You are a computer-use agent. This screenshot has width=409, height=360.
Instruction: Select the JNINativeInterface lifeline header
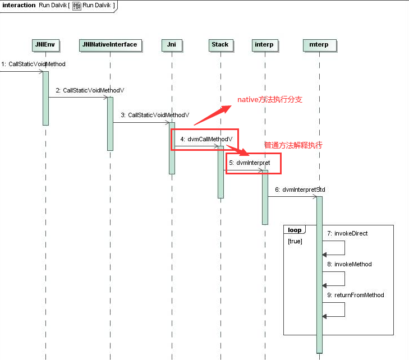pyautogui.click(x=110, y=45)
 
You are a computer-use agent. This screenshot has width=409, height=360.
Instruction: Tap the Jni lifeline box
pyautogui.click(x=172, y=45)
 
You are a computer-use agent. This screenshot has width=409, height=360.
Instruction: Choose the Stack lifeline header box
pyautogui.click(x=220, y=45)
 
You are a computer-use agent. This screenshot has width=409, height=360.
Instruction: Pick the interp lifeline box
pyautogui.click(x=264, y=45)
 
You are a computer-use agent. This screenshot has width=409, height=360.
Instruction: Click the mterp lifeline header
pyautogui.click(x=319, y=45)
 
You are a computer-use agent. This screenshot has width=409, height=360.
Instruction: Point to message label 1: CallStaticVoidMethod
pyautogui.click(x=33, y=64)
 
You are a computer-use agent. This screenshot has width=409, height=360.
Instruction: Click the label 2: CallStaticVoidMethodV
pyautogui.click(x=90, y=90)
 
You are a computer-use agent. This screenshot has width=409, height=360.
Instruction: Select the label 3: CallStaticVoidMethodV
pyautogui.click(x=155, y=115)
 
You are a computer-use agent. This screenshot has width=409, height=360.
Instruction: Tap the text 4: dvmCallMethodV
pyautogui.click(x=206, y=138)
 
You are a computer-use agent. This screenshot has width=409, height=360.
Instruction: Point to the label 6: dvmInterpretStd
pyautogui.click(x=300, y=190)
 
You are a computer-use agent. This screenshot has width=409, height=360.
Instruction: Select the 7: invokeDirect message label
pyautogui.click(x=347, y=233)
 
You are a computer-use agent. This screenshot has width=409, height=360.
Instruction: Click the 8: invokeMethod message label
pyautogui.click(x=350, y=264)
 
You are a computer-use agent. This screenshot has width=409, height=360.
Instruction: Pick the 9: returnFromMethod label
pyautogui.click(x=356, y=295)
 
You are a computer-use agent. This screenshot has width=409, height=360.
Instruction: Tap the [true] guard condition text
pyautogui.click(x=296, y=241)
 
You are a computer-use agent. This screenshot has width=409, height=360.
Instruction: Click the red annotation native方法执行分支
pyautogui.click(x=270, y=100)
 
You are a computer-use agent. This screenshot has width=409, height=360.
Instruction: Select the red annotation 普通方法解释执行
pyautogui.click(x=293, y=145)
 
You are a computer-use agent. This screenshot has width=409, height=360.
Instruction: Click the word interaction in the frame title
pyautogui.click(x=19, y=5)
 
